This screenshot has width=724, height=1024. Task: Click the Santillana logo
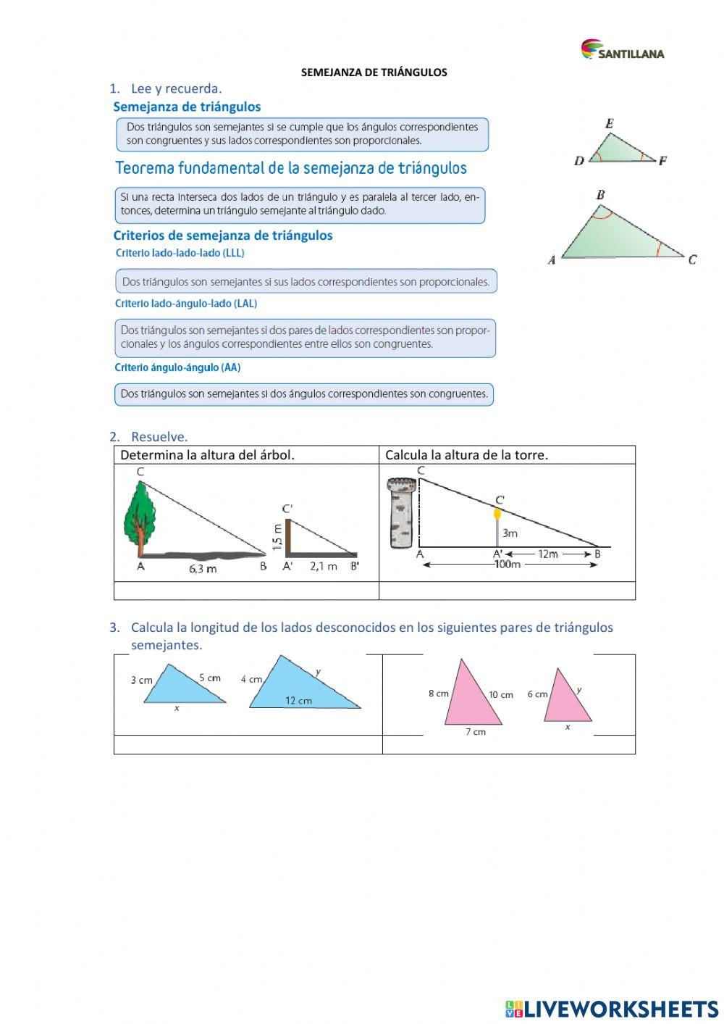point(622,50)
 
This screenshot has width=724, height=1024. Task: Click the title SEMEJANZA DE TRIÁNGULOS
point(374,72)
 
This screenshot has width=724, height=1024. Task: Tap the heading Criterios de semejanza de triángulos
point(223,236)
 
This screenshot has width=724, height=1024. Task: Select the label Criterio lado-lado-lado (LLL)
point(180,253)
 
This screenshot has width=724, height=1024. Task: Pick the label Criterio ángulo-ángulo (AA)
point(177,367)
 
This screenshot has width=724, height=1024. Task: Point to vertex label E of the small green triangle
point(609,124)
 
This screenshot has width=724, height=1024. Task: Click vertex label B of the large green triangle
point(600,194)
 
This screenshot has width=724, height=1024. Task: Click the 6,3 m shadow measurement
point(203,569)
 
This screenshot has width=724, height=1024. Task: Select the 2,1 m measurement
point(324,567)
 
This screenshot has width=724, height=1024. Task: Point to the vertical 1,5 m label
point(277,536)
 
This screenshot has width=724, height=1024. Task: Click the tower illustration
point(400,513)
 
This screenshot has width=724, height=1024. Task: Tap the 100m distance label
point(507,565)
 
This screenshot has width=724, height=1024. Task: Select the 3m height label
point(510,533)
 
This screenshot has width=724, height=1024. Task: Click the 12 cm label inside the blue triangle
point(298,701)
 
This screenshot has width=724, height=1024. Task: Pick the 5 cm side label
point(209,678)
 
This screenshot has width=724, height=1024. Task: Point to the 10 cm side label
point(500,695)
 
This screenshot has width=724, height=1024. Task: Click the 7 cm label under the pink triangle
point(475,732)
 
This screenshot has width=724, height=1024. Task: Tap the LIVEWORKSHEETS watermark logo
point(612,1008)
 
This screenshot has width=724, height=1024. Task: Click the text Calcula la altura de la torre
point(466,455)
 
